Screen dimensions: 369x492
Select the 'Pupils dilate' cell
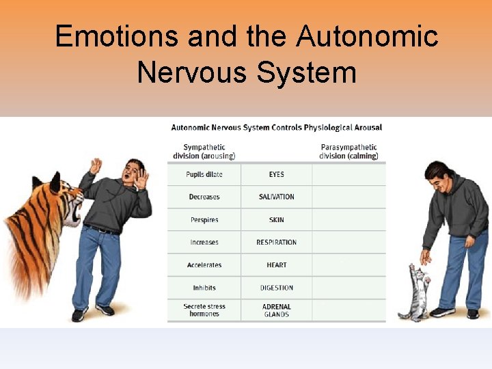(204, 174)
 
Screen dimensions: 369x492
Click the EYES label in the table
(277, 174)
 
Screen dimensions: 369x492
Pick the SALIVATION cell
(277, 197)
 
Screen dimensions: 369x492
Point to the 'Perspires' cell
(204, 220)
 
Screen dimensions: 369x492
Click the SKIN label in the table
(277, 220)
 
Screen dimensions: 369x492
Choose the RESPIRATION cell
(277, 243)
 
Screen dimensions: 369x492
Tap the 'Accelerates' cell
(204, 265)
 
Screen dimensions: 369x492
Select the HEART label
(277, 265)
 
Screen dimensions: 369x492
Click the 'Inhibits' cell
(204, 288)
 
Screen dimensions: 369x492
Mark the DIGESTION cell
(277, 288)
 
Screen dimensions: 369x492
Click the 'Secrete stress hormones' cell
(204, 310)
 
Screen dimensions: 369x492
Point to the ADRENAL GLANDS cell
(277, 310)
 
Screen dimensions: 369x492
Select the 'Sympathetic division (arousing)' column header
(204, 151)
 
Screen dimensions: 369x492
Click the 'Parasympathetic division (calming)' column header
(348, 151)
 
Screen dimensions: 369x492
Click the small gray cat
(415, 294)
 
